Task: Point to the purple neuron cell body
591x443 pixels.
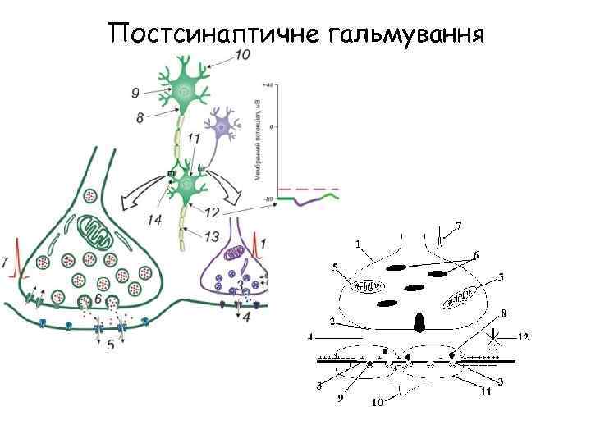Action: [x=222, y=126]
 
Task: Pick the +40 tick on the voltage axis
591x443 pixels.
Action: [x=268, y=84]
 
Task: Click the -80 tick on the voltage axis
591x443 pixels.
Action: [x=268, y=198]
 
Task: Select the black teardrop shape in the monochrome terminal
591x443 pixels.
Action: [x=420, y=322]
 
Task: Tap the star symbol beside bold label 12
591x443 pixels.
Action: [x=494, y=336]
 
